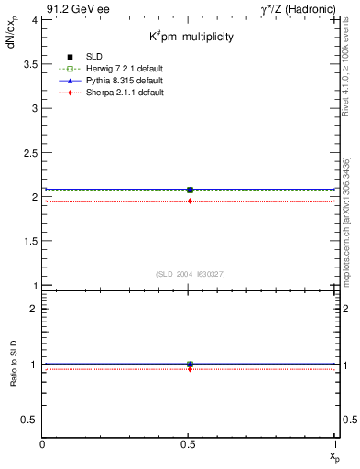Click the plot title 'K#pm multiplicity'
point(191,37)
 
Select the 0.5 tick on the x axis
point(190,444)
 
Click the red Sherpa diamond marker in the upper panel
point(190,201)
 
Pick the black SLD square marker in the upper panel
point(190,190)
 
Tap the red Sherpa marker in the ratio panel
point(190,369)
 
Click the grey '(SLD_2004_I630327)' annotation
point(190,274)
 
